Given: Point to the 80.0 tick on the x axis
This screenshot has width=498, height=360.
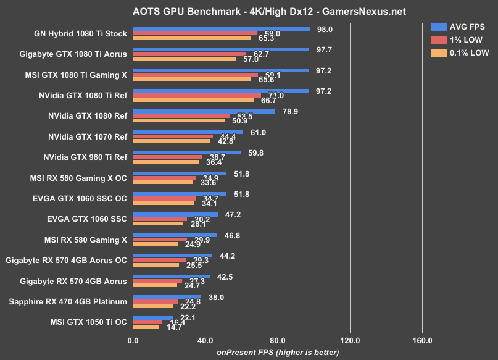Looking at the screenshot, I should coord(278,340).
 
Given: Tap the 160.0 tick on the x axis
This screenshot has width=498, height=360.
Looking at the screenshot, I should coord(423,340).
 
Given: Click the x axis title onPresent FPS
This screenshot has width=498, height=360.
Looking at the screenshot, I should coord(277,352).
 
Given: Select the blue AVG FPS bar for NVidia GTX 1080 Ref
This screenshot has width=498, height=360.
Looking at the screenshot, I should coord(204,112).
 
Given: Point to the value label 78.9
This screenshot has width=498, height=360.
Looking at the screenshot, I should coord(291,112).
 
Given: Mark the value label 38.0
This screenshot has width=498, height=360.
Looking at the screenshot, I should coord(217,296).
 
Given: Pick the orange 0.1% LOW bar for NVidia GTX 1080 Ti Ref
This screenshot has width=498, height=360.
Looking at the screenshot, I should coord(193,99).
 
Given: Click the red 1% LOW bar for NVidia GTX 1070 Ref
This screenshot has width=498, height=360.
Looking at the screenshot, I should coord(172,136).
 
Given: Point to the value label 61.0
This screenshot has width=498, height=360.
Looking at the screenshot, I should coord(258,132).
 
